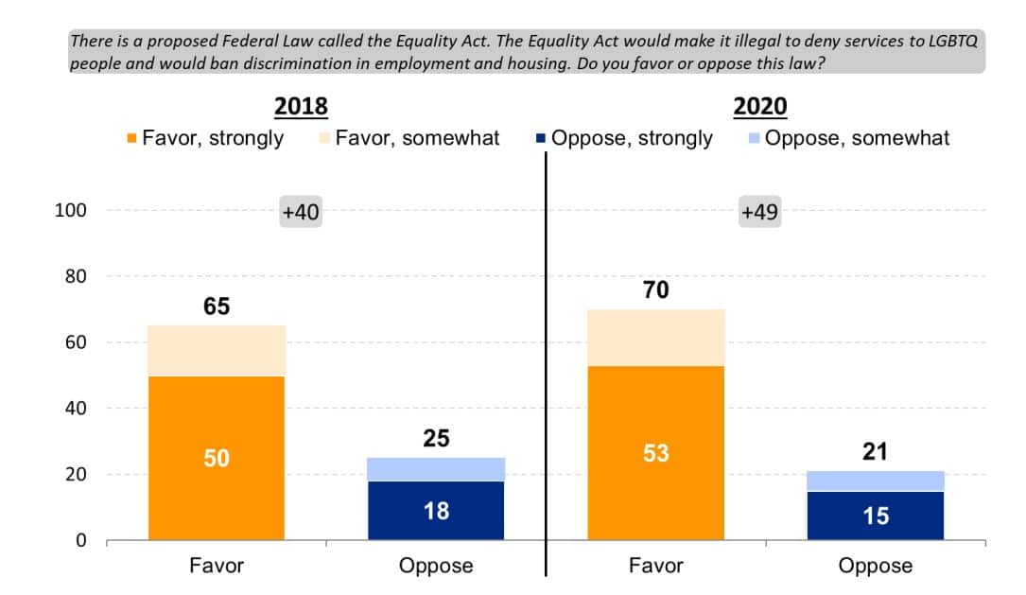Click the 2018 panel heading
(301, 106)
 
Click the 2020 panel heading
(760, 106)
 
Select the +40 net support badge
(301, 213)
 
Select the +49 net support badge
(759, 213)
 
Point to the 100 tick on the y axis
(71, 210)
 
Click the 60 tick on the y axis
(75, 342)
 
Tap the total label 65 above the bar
(216, 306)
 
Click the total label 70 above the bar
(655, 290)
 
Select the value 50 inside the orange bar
(216, 458)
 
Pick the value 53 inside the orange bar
(655, 453)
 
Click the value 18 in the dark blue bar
(436, 511)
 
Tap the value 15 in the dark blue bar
(876, 516)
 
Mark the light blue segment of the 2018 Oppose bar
(436, 469)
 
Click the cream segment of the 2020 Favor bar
(655, 338)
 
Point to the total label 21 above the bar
(876, 452)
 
